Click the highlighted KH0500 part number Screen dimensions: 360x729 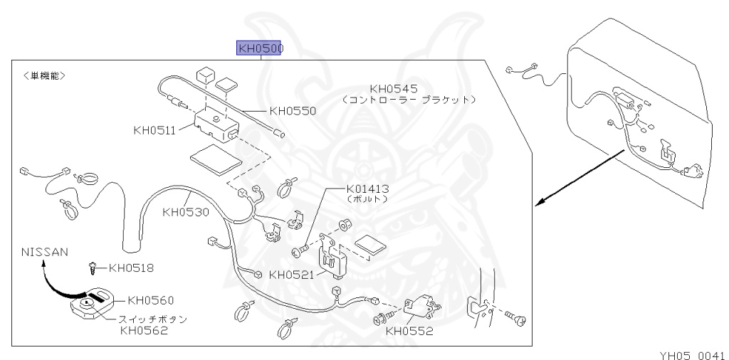coord(261,48)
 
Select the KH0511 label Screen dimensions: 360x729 coord(156,130)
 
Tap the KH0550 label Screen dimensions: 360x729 coord(293,111)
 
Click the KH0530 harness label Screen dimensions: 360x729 coord(185,211)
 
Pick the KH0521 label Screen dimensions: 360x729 coord(292,275)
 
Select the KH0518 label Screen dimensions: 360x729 coord(131,268)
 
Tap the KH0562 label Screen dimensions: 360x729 coord(144,329)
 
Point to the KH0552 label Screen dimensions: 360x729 coord(409,330)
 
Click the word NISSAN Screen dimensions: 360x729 coord(44,252)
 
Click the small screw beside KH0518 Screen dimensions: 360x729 coord(93,268)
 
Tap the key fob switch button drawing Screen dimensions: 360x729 coord(89,305)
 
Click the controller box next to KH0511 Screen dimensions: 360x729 coord(216,122)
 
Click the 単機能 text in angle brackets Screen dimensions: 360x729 coord(44,74)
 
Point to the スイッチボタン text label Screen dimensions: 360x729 coord(153,319)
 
